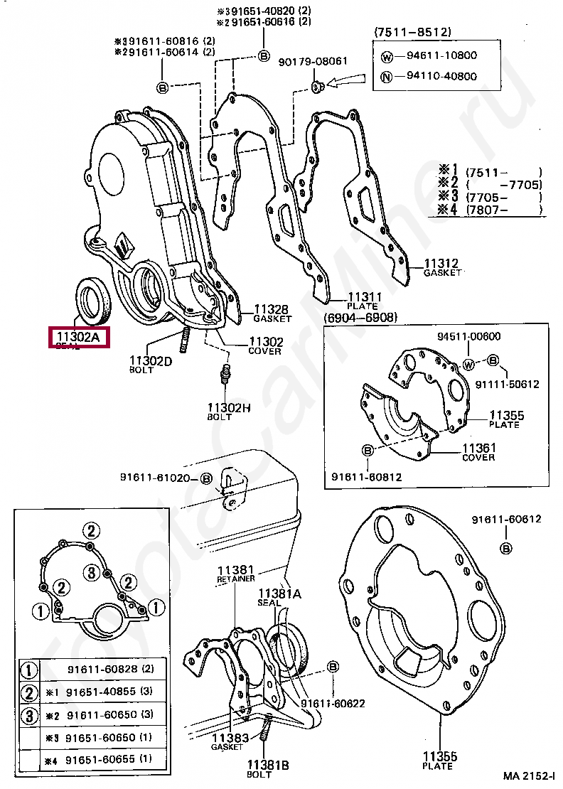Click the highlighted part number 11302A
click(77, 337)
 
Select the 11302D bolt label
click(151, 361)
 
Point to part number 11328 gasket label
click(271, 309)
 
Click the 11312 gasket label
click(441, 263)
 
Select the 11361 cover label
click(479, 449)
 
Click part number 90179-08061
click(312, 61)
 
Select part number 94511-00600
click(468, 337)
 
